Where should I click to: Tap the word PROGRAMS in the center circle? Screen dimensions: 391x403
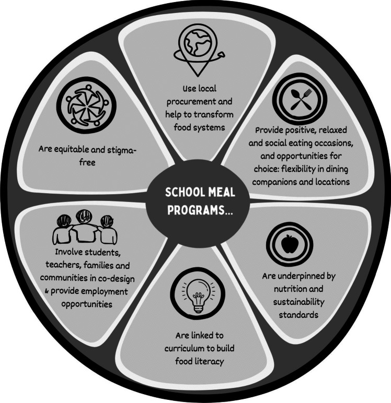click(194, 209)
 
